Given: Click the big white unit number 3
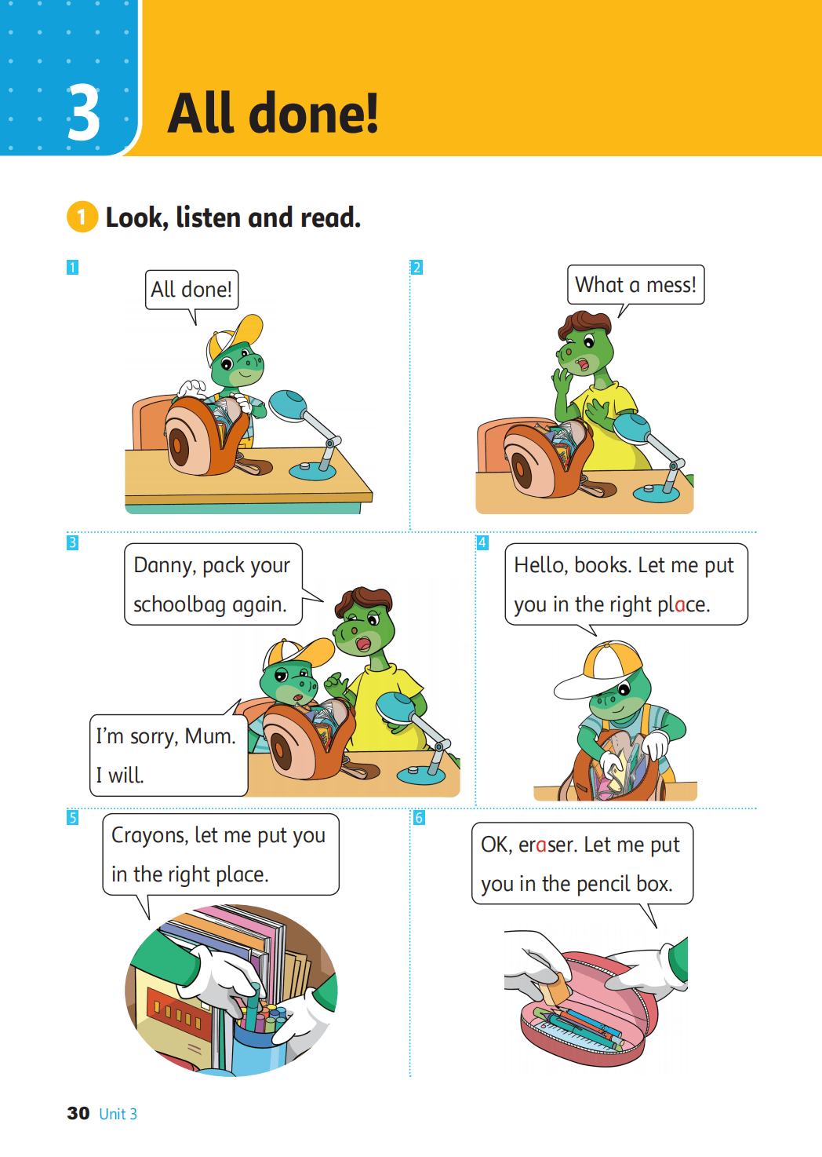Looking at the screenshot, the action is [84, 113].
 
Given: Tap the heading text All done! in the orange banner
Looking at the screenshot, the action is [273, 113].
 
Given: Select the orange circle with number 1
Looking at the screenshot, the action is [82, 217].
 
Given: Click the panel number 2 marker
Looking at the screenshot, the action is [416, 268].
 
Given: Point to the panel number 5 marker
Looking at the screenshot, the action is [72, 818].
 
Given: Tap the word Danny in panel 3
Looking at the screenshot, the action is [165, 566].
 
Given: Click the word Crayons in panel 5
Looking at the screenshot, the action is [150, 836].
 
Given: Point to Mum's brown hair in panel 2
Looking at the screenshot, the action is [585, 325].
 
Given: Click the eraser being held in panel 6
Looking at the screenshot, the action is [556, 988].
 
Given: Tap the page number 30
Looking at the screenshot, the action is [78, 1113].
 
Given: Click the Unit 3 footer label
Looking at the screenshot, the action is [118, 1114].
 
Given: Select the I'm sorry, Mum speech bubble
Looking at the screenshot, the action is [169, 755].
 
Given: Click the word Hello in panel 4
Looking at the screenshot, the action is [540, 565].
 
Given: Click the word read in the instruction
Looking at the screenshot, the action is [330, 217].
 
